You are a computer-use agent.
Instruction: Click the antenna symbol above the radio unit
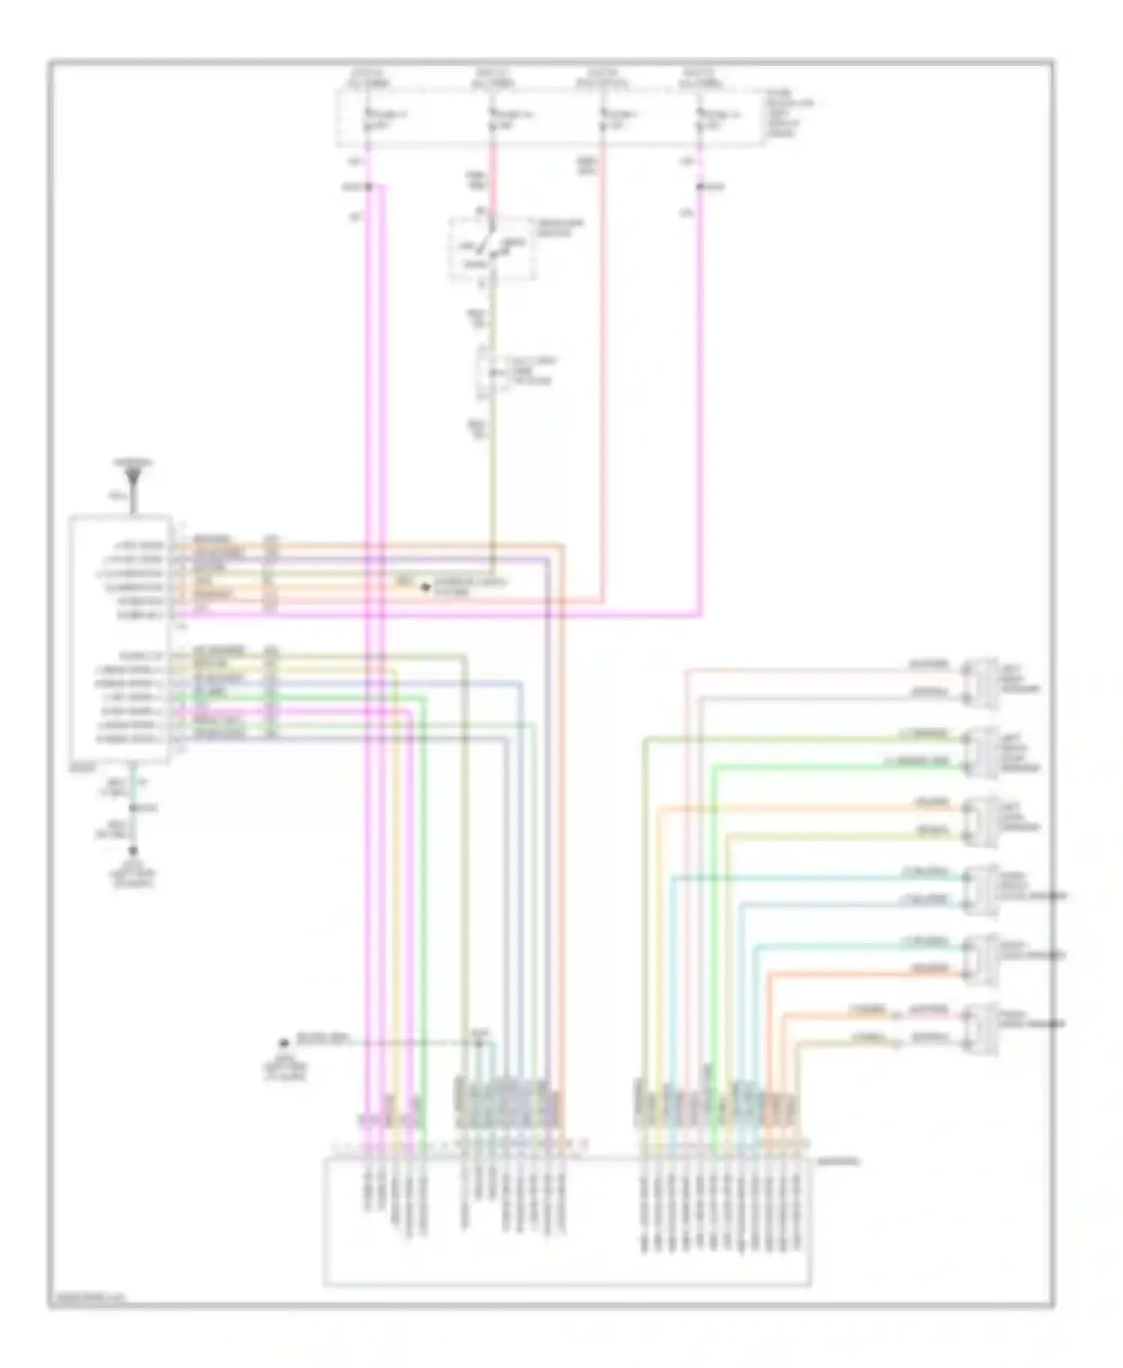coord(134,475)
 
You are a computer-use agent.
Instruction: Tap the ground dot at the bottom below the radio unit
coord(134,851)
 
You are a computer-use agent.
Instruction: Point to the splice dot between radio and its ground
coord(134,808)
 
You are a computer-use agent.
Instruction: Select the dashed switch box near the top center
coord(492,248)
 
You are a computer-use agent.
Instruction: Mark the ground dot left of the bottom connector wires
coord(284,1042)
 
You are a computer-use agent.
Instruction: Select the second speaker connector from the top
coord(981,751)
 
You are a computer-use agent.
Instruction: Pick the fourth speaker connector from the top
coord(981,889)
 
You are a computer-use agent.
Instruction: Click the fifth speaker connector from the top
coord(981,958)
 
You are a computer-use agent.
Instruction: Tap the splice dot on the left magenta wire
coord(368,186)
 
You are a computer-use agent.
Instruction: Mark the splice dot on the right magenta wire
coord(701,186)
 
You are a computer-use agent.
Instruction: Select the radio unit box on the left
coord(120,638)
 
